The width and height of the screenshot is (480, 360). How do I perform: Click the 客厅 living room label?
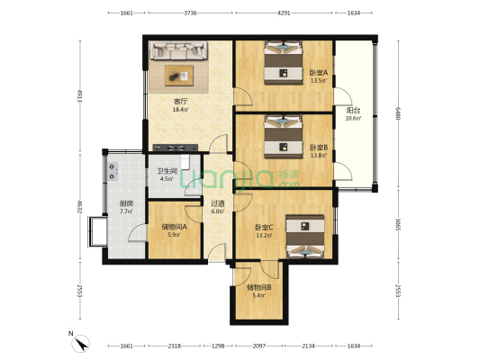181,101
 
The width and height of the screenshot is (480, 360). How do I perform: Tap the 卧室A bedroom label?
319,73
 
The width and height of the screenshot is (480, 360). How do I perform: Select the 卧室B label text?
319,148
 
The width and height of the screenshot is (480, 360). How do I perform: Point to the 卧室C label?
264,228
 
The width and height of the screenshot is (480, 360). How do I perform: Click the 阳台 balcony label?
353,111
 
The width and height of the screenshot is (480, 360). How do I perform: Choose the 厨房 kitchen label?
126,203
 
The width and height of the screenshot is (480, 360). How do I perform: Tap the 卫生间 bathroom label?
168,171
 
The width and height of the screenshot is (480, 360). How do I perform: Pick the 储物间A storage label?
174,227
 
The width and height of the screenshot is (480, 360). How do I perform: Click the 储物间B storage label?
259,287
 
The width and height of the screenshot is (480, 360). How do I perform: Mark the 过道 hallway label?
218,203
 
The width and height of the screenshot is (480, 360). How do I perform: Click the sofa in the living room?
179,50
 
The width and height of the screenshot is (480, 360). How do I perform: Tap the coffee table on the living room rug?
179,76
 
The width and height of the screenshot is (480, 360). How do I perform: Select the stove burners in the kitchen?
113,171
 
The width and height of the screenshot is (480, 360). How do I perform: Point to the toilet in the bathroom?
186,162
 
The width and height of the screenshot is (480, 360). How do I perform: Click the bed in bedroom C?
305,236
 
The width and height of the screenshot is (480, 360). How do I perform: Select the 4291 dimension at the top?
284,13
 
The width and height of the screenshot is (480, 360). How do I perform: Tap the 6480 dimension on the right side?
398,113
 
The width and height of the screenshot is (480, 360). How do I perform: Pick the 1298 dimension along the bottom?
218,346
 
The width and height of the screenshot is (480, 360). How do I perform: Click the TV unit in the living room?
176,148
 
